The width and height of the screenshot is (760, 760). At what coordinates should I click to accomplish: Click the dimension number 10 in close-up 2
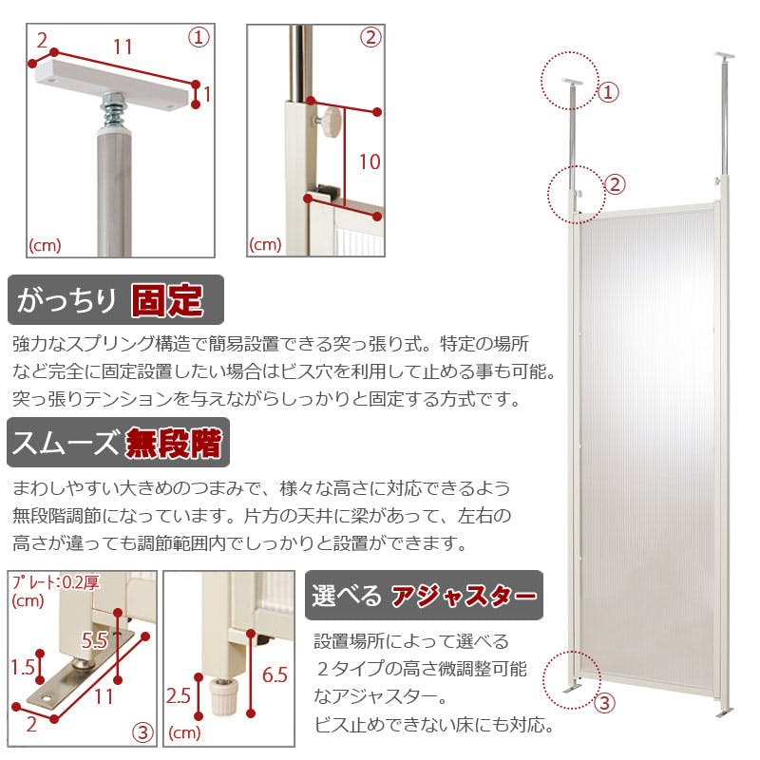(370, 161)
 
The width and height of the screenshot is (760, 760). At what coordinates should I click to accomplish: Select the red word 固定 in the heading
(167, 300)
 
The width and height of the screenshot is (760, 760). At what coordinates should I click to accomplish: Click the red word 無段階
(174, 443)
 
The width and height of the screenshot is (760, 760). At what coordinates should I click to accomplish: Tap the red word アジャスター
(464, 596)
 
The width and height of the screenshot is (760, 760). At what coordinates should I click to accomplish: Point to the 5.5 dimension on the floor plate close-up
(94, 640)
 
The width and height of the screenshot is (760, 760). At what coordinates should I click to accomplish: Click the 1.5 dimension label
(23, 668)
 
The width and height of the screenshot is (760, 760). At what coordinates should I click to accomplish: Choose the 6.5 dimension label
(275, 675)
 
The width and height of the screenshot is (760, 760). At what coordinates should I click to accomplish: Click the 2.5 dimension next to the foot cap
(178, 696)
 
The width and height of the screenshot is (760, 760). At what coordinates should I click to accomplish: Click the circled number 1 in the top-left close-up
(199, 38)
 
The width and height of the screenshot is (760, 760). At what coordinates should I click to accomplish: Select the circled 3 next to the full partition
(604, 703)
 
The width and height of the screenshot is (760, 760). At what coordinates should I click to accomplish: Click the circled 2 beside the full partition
(615, 184)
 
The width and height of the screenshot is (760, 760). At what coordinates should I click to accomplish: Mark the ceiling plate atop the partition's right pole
(724, 56)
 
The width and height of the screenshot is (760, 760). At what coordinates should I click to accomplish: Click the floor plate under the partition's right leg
(724, 711)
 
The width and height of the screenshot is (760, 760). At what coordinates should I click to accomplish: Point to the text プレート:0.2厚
(56, 581)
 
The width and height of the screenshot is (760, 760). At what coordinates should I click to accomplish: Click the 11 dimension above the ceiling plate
(123, 47)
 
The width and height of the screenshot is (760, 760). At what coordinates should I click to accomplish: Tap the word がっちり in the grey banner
(66, 300)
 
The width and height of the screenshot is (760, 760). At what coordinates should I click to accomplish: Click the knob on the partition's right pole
(717, 181)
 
